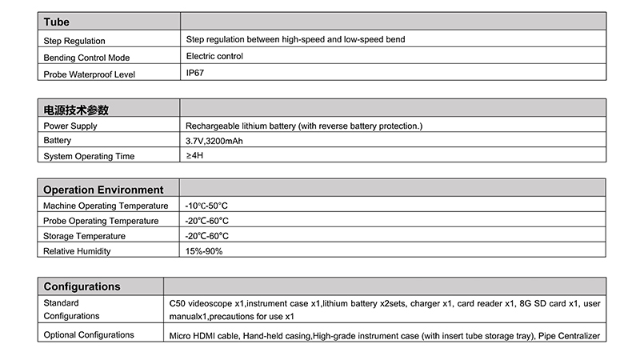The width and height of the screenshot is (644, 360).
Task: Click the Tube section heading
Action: pyautogui.click(x=56, y=22)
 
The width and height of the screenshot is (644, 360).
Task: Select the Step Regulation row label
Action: pyautogui.click(x=74, y=41)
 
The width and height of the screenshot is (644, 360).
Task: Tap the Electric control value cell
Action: pyautogui.click(x=214, y=56)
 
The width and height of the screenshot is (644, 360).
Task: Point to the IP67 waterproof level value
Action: pyautogui.click(x=195, y=72)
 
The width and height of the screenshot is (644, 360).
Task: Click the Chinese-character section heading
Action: pyautogui.click(x=76, y=110)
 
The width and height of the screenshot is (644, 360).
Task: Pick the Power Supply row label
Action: pyautogui.click(x=70, y=126)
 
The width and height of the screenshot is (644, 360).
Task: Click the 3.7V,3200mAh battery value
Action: pyautogui.click(x=214, y=141)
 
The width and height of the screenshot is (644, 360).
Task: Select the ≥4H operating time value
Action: pyautogui.click(x=194, y=154)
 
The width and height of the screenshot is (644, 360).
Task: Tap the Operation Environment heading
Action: pyautogui.click(x=103, y=190)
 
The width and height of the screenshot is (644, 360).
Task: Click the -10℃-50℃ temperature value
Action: pyautogui.click(x=206, y=206)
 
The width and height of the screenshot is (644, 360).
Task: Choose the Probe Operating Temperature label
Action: pyautogui.click(x=101, y=221)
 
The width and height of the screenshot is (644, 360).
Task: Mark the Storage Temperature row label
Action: pyautogui.click(x=84, y=236)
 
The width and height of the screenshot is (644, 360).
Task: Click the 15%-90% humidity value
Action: pyautogui.click(x=204, y=251)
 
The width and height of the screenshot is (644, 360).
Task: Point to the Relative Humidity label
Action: pyautogui.click(x=77, y=251)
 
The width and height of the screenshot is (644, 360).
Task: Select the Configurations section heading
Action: pyautogui.click(x=82, y=286)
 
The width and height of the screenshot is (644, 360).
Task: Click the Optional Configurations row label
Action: pyautogui.click(x=89, y=334)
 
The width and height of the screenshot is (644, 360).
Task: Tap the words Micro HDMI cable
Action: pyautogui.click(x=204, y=335)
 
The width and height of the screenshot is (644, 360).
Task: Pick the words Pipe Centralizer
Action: pyautogui.click(x=570, y=335)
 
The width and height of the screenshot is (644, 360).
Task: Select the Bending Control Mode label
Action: pyautogui.click(x=86, y=58)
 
